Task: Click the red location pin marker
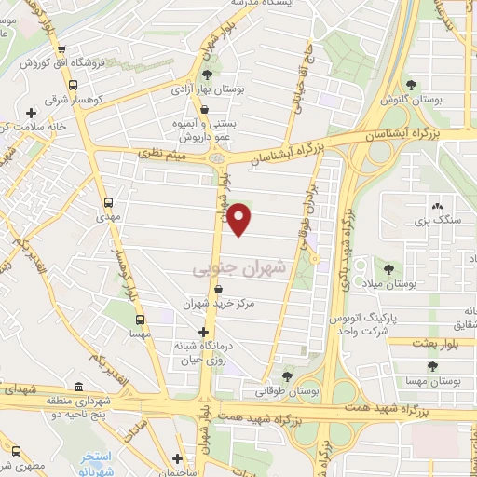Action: [x=240, y=219]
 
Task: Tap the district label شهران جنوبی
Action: [x=241, y=269]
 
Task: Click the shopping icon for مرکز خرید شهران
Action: [x=217, y=290]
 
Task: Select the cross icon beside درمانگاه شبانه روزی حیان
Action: [x=204, y=332]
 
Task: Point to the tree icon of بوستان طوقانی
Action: [x=287, y=375]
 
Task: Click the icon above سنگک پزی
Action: [x=435, y=206]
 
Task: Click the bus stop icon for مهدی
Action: [x=110, y=200]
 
